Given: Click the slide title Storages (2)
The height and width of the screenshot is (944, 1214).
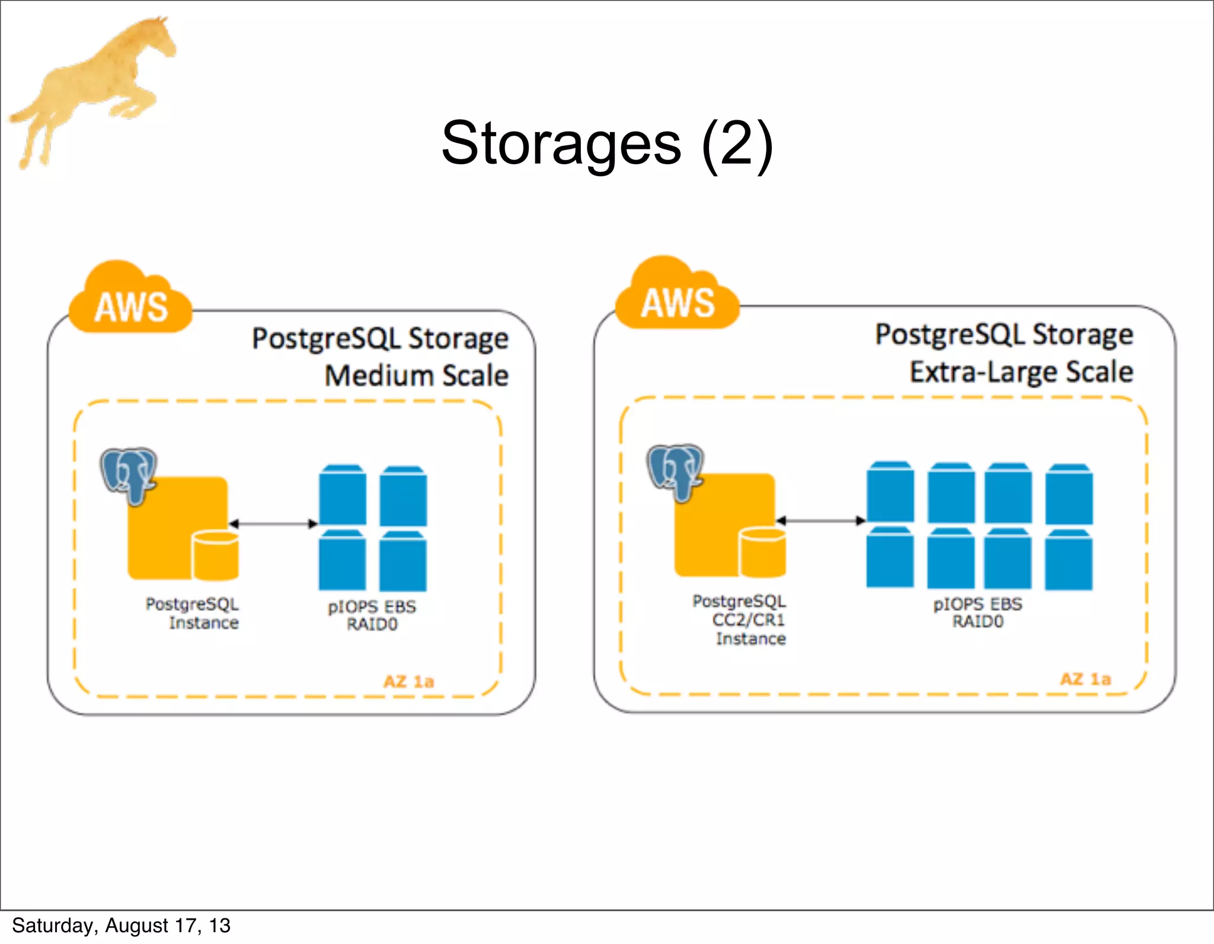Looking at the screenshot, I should tap(607, 143).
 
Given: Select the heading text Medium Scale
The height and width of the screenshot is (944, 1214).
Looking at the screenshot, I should tap(416, 376).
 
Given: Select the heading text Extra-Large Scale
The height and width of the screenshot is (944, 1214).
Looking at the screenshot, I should tap(1021, 372).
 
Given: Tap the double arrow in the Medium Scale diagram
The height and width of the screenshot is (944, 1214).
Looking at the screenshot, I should tap(273, 523).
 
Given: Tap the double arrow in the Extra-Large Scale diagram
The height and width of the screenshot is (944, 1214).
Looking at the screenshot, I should tap(820, 520).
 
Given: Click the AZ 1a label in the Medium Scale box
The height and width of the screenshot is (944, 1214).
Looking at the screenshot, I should tap(408, 681).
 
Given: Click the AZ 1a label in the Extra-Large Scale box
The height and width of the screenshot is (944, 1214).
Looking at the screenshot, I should tap(1085, 679).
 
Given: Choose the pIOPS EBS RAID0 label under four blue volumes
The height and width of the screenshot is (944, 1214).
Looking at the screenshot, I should tap(372, 615).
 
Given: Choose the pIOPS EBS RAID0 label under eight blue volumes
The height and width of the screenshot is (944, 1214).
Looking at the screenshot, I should tap(977, 613).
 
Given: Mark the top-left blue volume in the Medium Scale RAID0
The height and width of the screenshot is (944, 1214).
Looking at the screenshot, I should tap(342, 495).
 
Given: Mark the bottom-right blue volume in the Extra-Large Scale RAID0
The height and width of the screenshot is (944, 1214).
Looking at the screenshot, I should tap(1068, 560).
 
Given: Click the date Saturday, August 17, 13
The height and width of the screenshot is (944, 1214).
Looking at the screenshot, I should tap(121, 926).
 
